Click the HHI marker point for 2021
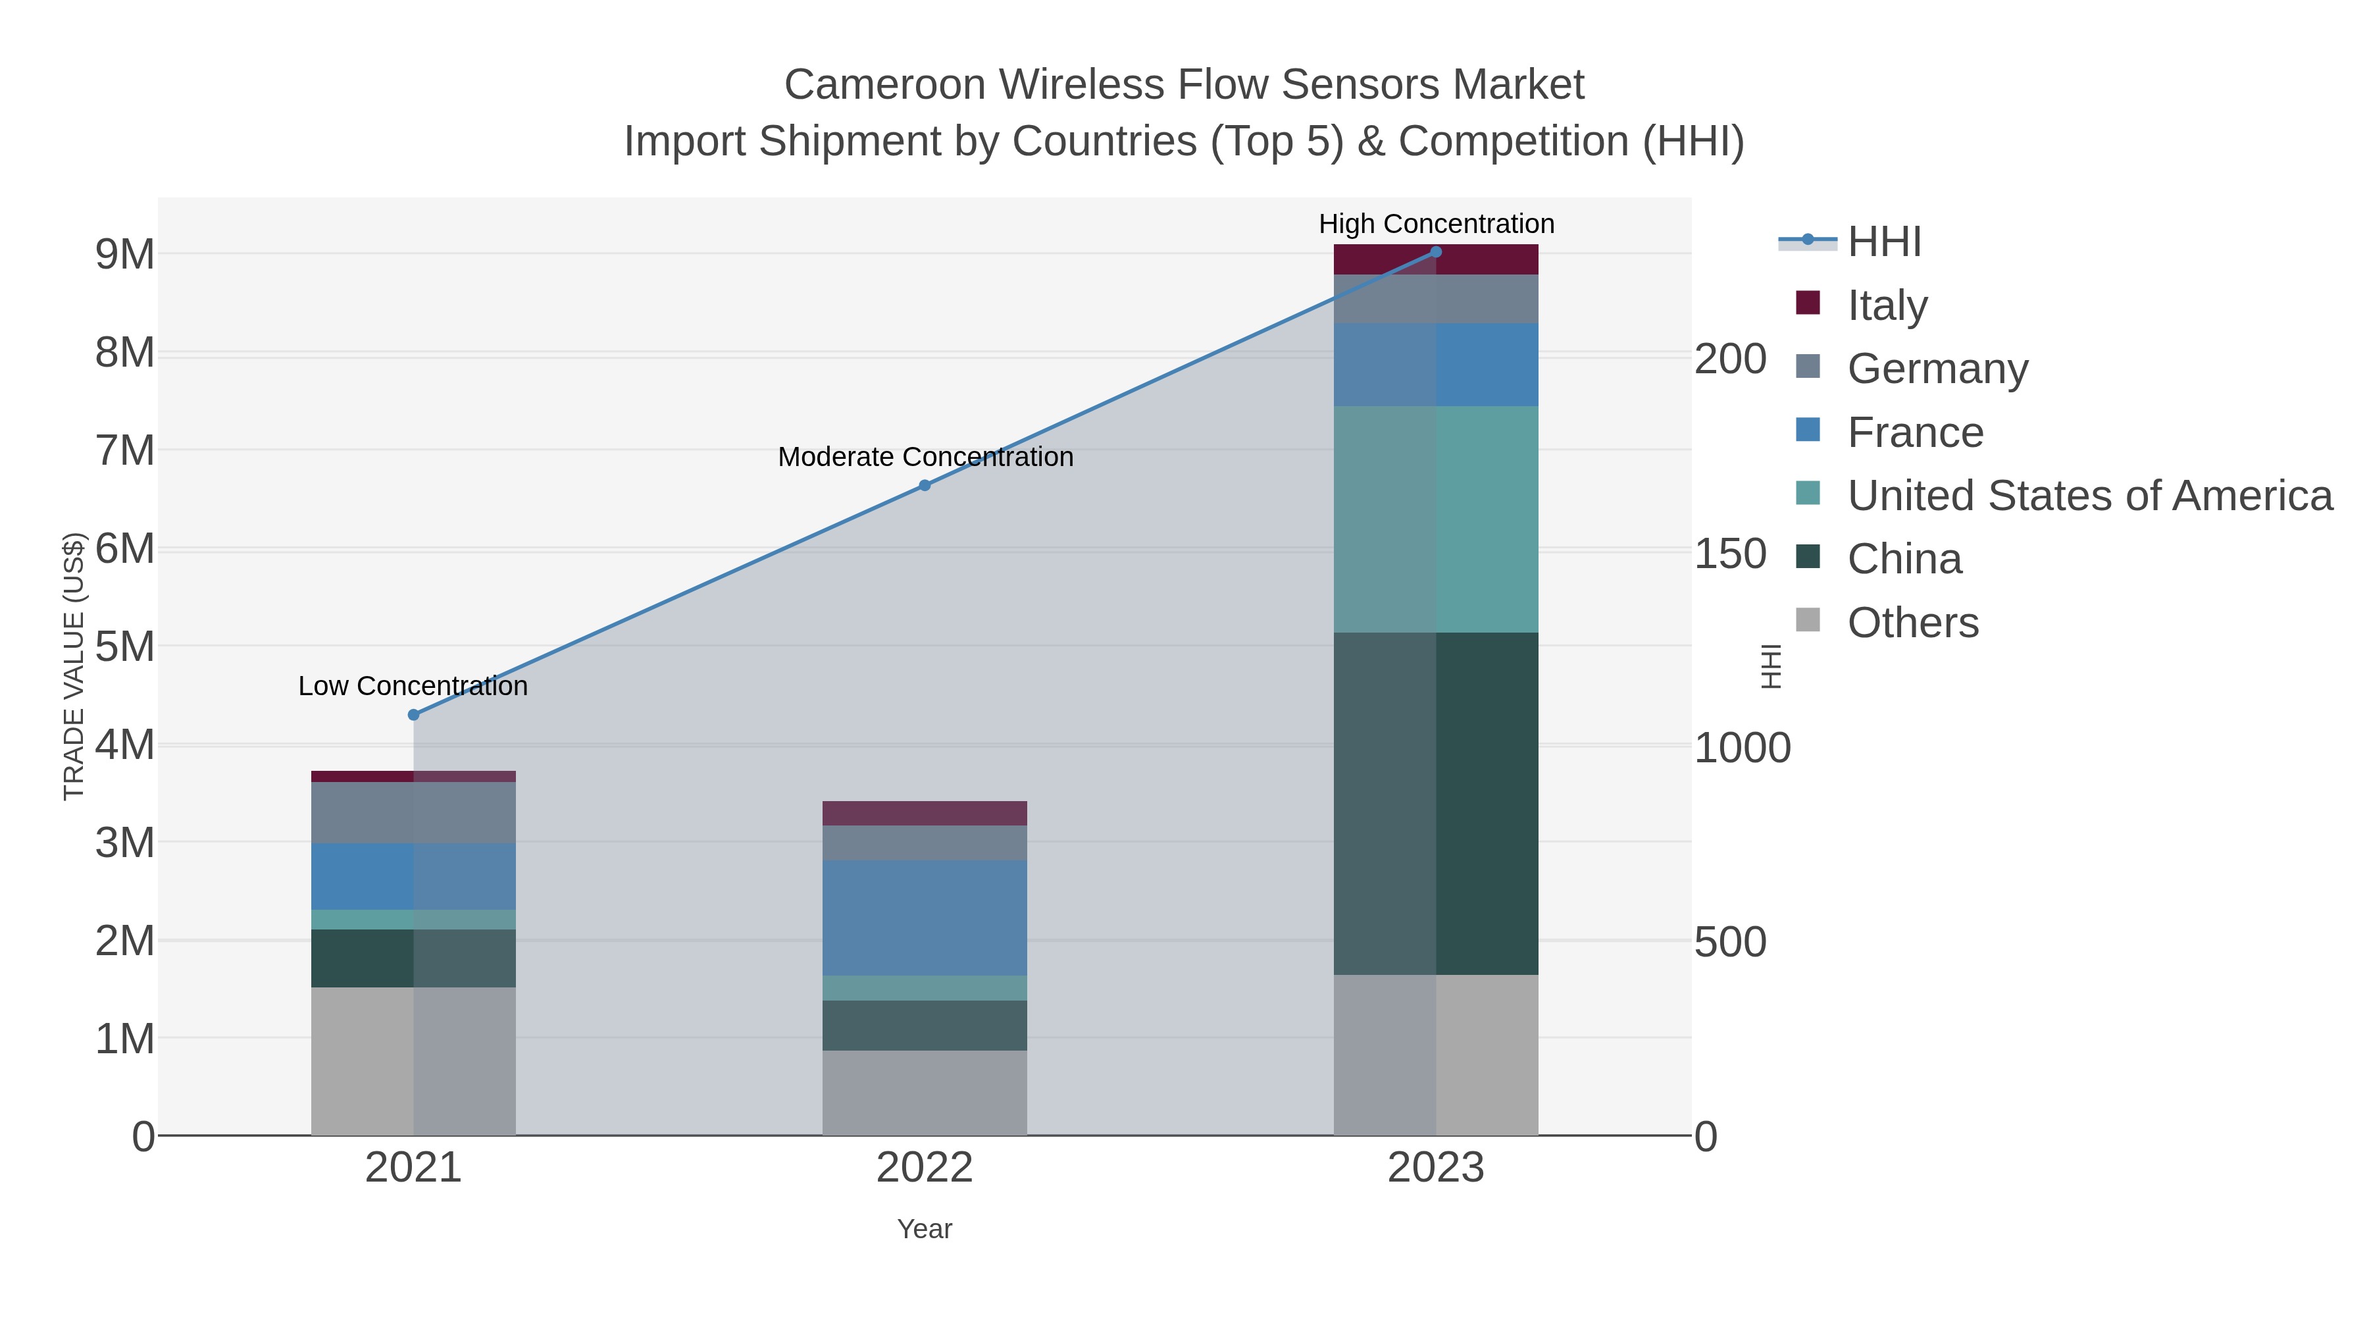(x=413, y=715)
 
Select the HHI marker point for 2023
(x=1436, y=252)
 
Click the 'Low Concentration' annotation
(x=413, y=687)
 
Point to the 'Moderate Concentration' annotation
(x=925, y=457)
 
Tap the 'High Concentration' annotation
(x=1436, y=224)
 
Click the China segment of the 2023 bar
(x=1436, y=803)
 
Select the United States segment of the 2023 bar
(x=1436, y=519)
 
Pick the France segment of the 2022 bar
(x=925, y=917)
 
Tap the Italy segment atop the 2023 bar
(x=1436, y=260)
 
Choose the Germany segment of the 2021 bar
(x=413, y=812)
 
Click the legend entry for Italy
(x=1886, y=305)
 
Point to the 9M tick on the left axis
(x=125, y=255)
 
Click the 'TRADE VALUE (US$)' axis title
(x=74, y=666)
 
